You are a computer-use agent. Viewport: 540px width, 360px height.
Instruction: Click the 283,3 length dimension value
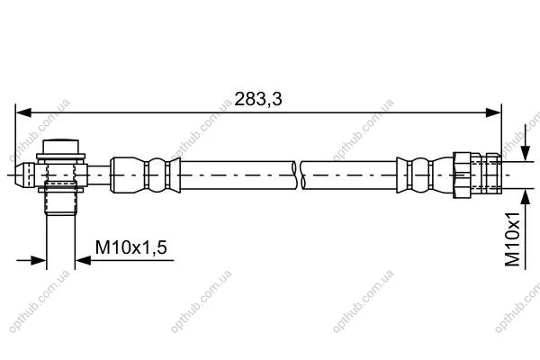[258, 99]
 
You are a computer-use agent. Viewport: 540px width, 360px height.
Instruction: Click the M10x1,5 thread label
[130, 247]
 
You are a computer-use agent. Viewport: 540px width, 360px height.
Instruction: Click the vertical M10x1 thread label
[512, 239]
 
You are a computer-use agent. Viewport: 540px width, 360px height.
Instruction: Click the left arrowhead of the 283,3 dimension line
[23, 112]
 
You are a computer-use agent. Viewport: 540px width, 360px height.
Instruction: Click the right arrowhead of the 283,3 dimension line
[493, 112]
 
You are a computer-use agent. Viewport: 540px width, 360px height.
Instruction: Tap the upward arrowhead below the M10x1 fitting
[526, 197]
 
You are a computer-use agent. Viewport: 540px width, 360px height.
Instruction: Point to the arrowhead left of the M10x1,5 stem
[39, 260]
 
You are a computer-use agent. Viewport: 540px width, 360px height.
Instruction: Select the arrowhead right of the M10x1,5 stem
[83, 260]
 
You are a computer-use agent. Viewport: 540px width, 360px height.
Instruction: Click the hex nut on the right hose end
[463, 175]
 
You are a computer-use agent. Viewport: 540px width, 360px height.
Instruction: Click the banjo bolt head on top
[60, 147]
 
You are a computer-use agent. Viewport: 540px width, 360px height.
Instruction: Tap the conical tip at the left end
[25, 175]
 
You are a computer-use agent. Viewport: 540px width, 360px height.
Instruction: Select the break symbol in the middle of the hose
[298, 175]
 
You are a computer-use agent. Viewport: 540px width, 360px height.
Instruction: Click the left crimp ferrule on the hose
[145, 175]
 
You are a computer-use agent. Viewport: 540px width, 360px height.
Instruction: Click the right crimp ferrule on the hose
[425, 175]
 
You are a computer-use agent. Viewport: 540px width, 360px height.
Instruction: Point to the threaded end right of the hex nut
[486, 174]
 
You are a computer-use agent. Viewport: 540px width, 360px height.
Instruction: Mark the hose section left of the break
[238, 175]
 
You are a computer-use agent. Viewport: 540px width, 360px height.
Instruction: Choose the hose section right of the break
[349, 175]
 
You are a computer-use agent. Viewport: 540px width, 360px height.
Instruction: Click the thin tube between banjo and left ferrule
[99, 175]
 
